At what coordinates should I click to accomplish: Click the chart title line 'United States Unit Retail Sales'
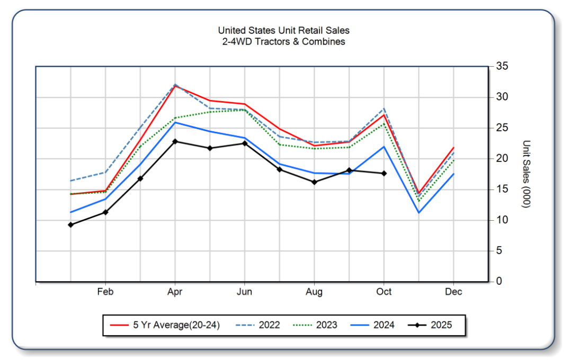(x=283, y=31)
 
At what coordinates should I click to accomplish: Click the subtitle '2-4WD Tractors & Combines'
(x=283, y=41)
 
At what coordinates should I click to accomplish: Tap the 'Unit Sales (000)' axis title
(x=526, y=174)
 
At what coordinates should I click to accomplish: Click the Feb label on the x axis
(x=105, y=292)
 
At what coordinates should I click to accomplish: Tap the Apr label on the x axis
(x=175, y=292)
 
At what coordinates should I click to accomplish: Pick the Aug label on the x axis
(x=314, y=292)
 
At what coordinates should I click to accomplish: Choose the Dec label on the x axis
(x=453, y=292)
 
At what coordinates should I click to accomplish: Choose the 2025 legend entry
(x=441, y=325)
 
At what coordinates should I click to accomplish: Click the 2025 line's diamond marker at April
(x=175, y=141)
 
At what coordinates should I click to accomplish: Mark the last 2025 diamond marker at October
(x=384, y=173)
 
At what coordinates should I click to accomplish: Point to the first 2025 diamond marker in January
(x=70, y=224)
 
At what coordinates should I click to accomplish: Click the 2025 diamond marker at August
(x=314, y=182)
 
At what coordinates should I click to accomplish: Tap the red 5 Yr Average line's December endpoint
(x=453, y=148)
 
